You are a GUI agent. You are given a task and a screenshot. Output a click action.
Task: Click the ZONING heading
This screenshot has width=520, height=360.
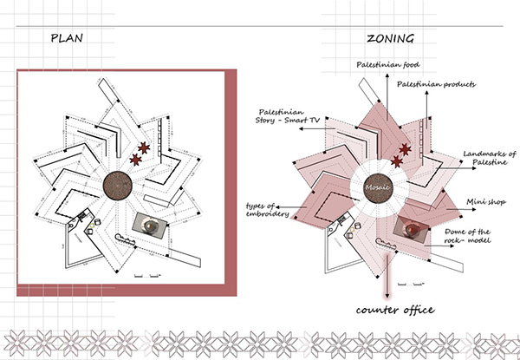pyautogui.click(x=390, y=38)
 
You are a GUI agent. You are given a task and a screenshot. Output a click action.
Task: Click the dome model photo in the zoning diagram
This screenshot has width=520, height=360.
pyautogui.click(x=413, y=227)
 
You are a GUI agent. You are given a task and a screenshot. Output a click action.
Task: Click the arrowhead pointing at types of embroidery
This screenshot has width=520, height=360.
pyautogui.click(x=295, y=206)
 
